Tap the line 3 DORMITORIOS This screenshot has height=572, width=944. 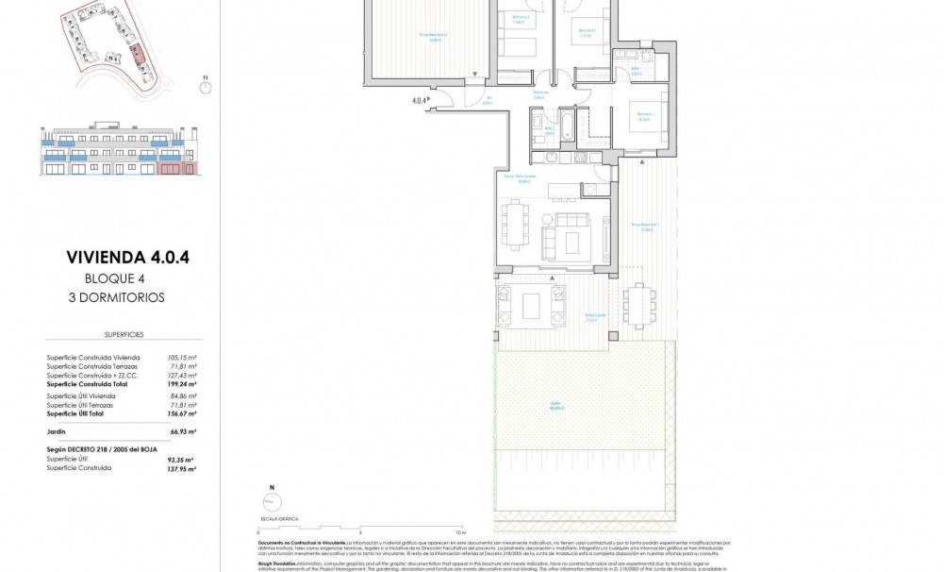pyautogui.click(x=124, y=296)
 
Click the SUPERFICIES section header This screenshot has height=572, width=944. pyautogui.click(x=124, y=335)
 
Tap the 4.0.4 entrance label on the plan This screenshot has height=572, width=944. pyautogui.click(x=418, y=98)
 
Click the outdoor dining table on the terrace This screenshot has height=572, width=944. pyautogui.click(x=638, y=302)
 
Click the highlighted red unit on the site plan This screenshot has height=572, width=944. pyautogui.click(x=138, y=53)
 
